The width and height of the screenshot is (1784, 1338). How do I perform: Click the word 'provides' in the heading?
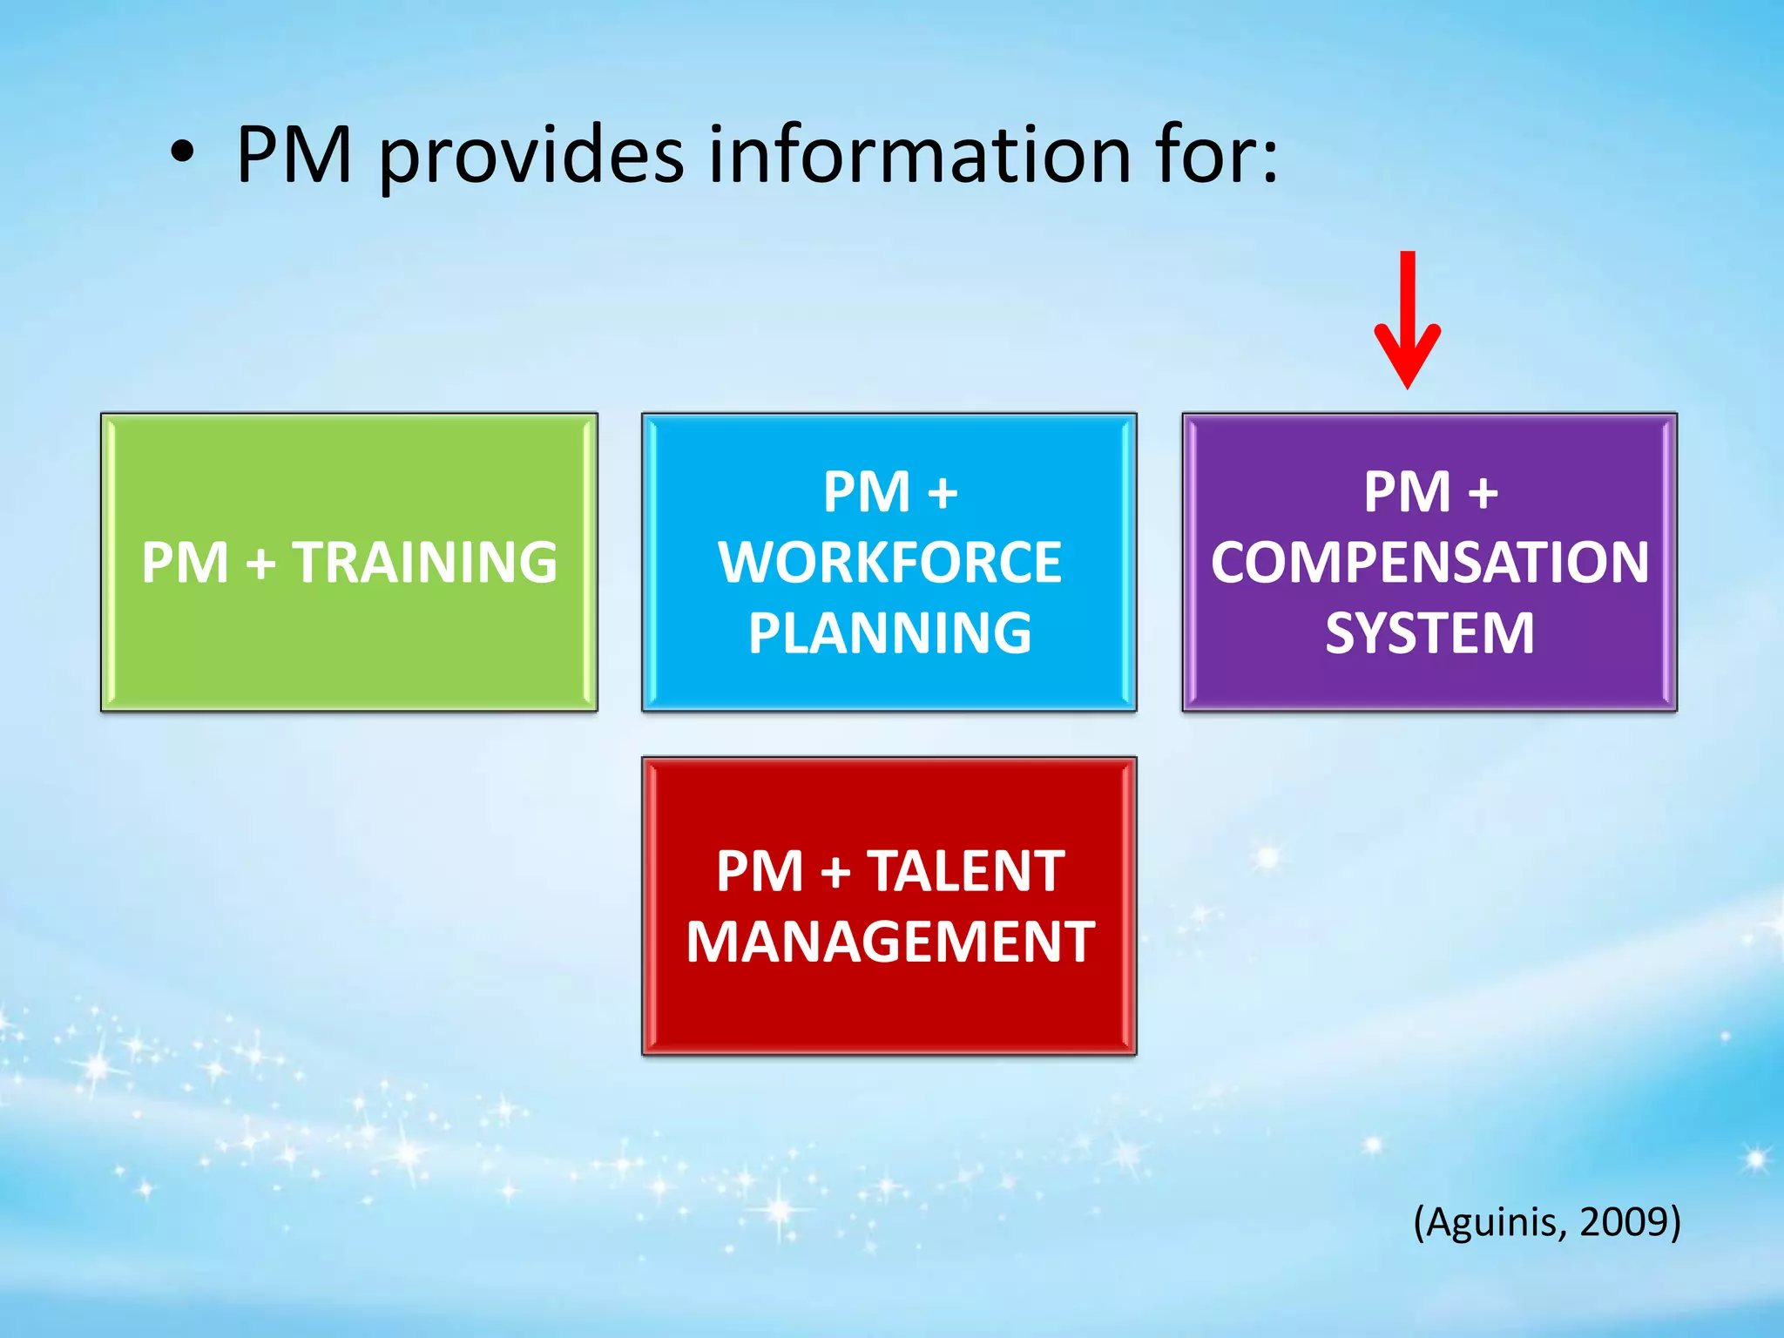click(531, 157)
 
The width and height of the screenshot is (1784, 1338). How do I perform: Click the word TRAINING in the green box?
click(424, 562)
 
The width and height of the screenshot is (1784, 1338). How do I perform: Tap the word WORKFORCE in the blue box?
click(890, 562)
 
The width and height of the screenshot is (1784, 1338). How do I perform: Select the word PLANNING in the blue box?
click(890, 632)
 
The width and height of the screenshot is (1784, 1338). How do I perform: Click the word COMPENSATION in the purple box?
click(1429, 562)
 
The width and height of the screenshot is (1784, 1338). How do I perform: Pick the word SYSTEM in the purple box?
click(1429, 632)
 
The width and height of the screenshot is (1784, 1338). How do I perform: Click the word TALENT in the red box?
click(965, 870)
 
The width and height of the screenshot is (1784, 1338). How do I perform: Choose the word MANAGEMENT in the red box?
click(890, 942)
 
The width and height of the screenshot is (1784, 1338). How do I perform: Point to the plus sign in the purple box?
click(1483, 493)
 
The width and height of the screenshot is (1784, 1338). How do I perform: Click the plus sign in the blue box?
click(943, 493)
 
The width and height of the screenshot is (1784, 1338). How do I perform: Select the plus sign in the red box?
click(835, 872)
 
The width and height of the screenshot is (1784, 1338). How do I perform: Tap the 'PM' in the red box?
click(760, 870)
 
